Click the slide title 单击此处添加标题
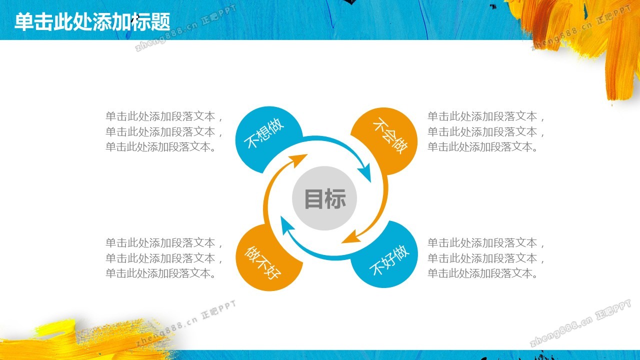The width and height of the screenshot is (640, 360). tap(92, 21)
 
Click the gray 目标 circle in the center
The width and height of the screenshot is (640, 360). tap(324, 198)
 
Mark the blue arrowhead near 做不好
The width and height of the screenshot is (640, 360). tap(286, 225)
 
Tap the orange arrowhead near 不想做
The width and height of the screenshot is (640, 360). tap(298, 159)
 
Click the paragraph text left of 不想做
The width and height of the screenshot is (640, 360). tap(164, 131)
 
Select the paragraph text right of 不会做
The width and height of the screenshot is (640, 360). tap(486, 131)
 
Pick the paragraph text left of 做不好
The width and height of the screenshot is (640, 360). tap(164, 258)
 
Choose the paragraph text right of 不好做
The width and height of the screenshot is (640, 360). tap(486, 258)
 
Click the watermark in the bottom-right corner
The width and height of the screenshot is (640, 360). tap(580, 323)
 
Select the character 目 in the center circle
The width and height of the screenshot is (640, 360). tap(313, 198)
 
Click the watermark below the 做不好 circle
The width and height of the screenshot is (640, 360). tap(185, 323)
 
